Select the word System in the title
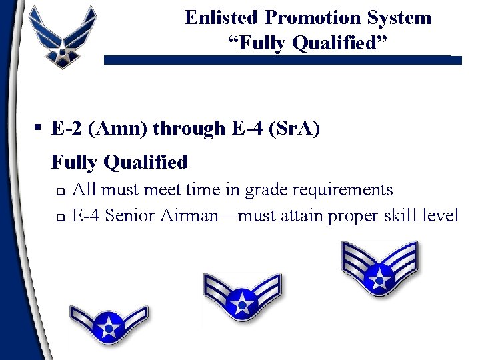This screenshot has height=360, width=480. click(400, 17)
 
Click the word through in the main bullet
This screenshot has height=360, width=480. click(189, 129)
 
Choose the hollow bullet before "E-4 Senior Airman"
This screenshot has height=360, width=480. click(59, 217)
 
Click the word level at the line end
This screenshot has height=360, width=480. click(440, 215)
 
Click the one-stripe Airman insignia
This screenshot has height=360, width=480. click(109, 323)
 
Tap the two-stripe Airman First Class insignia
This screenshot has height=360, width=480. click(242, 299)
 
